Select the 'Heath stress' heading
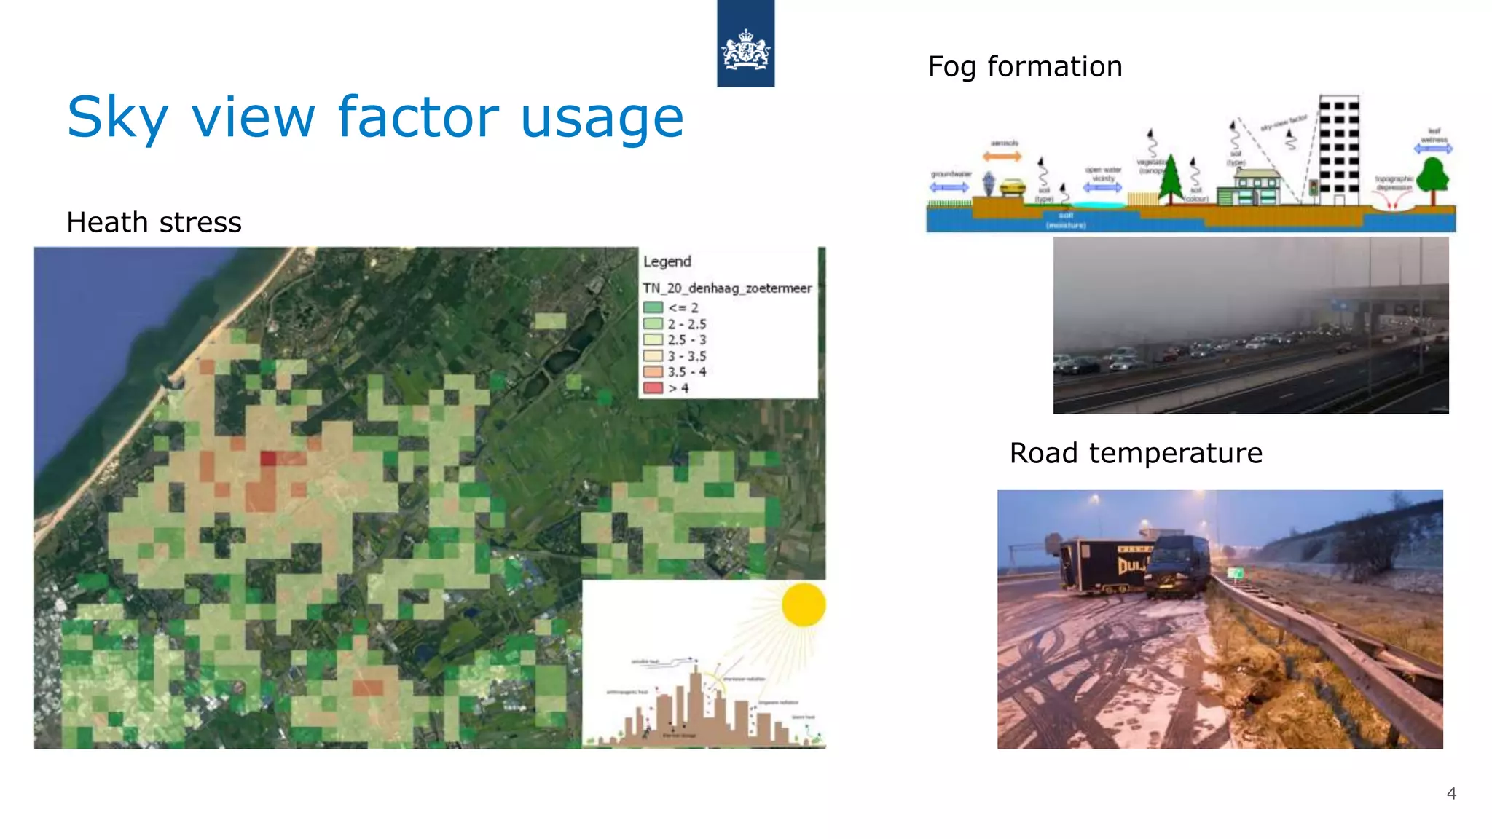click(x=154, y=222)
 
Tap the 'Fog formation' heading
click(x=1024, y=66)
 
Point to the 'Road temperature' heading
click(x=1135, y=453)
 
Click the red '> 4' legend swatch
click(x=653, y=387)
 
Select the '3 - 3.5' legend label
click(x=686, y=356)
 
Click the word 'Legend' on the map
click(x=667, y=261)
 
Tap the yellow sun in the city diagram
click(x=803, y=604)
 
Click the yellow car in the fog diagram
click(x=1012, y=188)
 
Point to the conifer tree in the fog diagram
click(x=1171, y=178)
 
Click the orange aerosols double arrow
click(x=1002, y=157)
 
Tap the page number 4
click(x=1450, y=794)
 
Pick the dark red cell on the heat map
click(x=269, y=458)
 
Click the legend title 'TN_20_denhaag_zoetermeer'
click(x=726, y=288)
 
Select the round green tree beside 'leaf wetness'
click(x=1433, y=177)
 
